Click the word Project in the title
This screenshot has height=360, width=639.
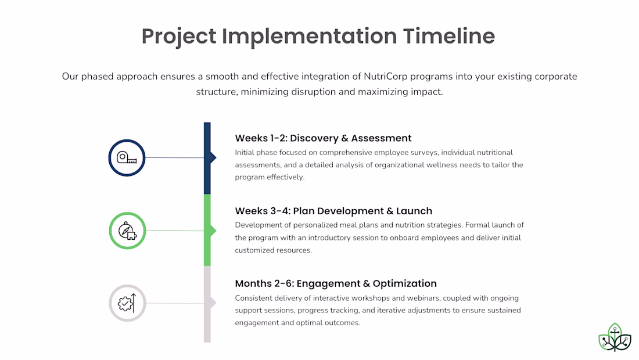(x=179, y=37)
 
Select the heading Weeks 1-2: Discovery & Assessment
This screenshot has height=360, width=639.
(x=323, y=138)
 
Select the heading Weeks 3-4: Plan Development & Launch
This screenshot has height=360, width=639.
(x=333, y=211)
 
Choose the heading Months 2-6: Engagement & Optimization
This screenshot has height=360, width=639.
(x=336, y=283)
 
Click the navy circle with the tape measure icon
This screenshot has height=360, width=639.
(x=127, y=158)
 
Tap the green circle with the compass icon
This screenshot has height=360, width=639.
(x=128, y=231)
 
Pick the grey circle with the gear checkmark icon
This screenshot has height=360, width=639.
(x=128, y=303)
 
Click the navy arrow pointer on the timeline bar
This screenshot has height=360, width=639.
(x=213, y=157)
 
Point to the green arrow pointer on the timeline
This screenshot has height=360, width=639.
(x=213, y=231)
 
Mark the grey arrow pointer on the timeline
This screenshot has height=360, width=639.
(x=213, y=303)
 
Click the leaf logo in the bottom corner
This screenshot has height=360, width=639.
(x=615, y=337)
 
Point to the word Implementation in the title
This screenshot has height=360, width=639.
(x=309, y=37)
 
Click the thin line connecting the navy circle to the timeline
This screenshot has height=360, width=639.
(x=174, y=157)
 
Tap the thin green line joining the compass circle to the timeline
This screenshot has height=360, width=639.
(x=175, y=231)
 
